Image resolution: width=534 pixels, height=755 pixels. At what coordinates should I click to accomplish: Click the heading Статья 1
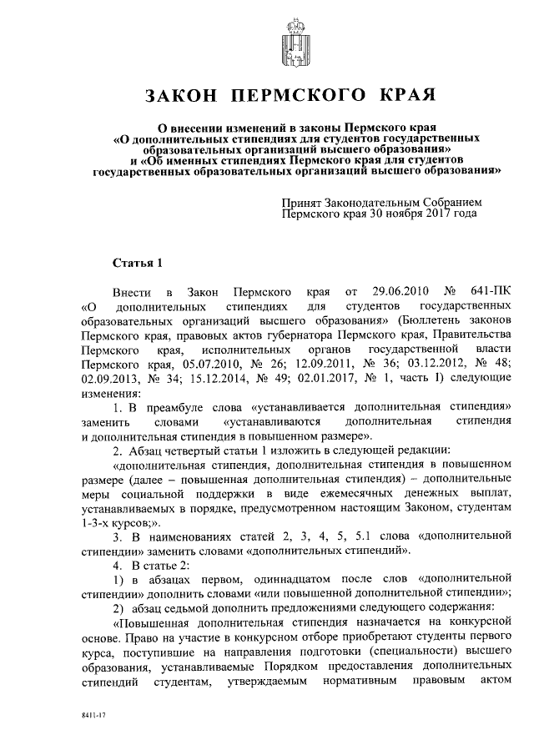(138, 264)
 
